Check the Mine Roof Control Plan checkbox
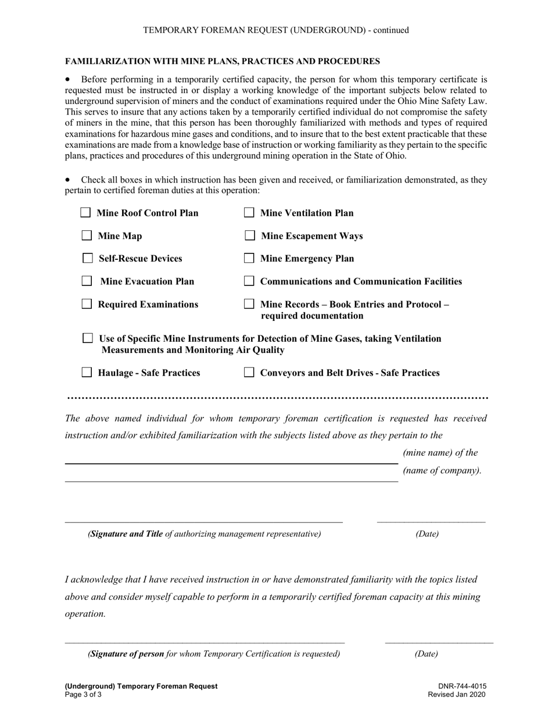point(85,213)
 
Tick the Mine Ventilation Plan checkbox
point(249,213)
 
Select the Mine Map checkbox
point(87,235)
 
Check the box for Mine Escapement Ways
point(250,235)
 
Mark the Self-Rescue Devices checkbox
point(88,258)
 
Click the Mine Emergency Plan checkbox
point(249,258)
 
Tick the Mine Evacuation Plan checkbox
point(87,281)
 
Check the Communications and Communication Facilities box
point(249,281)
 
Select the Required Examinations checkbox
point(87,303)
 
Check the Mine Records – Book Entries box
point(249,303)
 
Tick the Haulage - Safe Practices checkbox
point(87,373)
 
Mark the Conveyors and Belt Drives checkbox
point(249,373)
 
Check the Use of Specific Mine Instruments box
point(88,338)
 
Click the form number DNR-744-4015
point(463,686)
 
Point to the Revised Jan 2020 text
point(457,694)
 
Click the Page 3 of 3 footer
point(83,694)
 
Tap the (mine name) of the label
point(440,453)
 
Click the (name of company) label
point(442,470)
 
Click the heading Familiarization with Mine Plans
point(223,61)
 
